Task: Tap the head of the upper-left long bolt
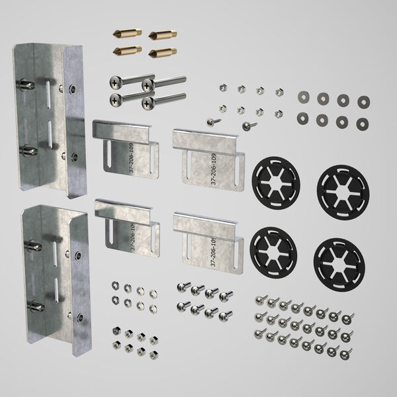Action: [115, 82]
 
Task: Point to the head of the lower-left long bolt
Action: [115, 100]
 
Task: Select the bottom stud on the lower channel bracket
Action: [34, 306]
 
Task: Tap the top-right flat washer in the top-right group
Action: [363, 101]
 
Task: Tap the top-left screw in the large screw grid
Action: [261, 300]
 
